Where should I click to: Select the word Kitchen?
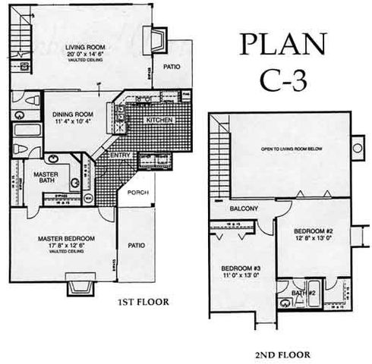tap(159, 121)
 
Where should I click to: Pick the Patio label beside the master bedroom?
tap(137, 244)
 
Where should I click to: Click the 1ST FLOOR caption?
tap(143, 301)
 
